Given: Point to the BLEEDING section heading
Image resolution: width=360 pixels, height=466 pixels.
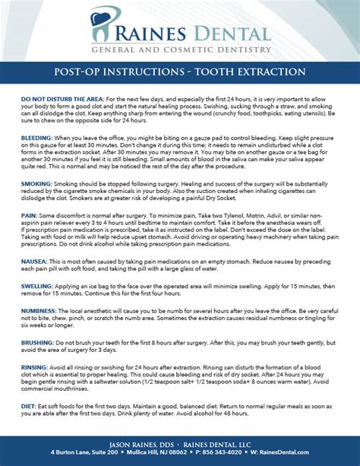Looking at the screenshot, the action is pos(36,135).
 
